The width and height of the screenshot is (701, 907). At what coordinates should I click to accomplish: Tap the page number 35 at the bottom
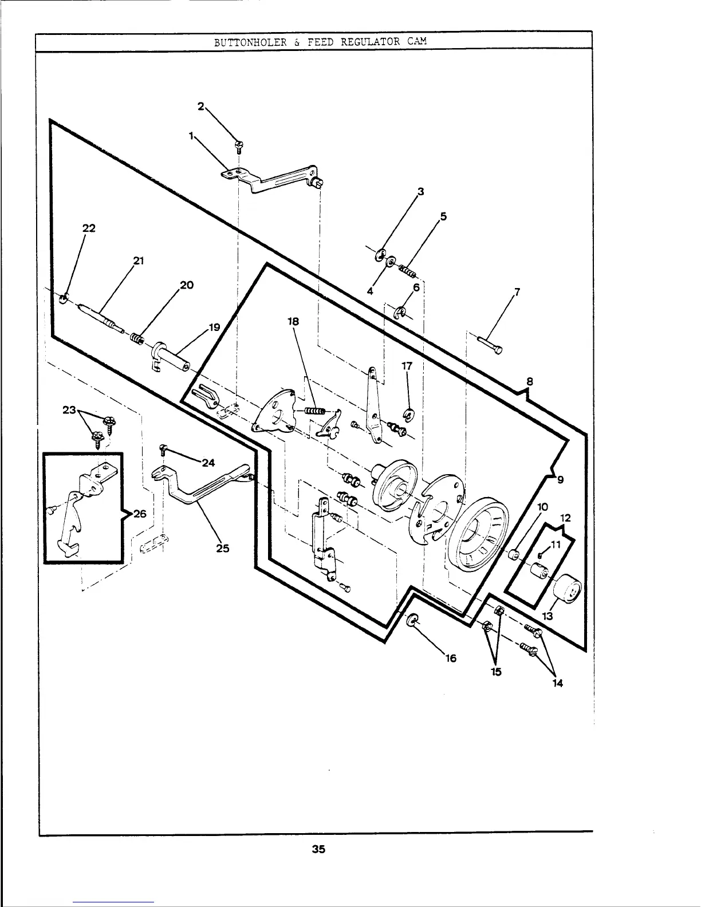(x=318, y=849)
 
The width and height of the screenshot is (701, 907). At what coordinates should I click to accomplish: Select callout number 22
(x=89, y=228)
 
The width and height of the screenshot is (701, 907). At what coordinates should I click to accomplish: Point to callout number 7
(x=517, y=292)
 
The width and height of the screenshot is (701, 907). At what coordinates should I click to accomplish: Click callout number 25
(x=223, y=548)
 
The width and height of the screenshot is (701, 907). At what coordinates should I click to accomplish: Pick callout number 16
(x=451, y=658)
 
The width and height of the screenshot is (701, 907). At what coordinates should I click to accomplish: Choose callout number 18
(x=293, y=322)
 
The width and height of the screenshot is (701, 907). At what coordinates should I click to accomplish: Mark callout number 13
(x=548, y=617)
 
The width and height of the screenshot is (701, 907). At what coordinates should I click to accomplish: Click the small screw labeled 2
(x=238, y=144)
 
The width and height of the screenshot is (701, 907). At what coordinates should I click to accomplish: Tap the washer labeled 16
(x=413, y=621)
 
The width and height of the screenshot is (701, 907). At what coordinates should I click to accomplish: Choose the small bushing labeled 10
(x=514, y=554)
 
